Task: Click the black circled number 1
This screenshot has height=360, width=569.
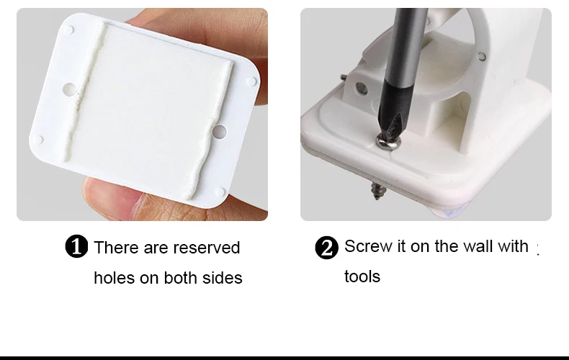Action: (x=76, y=246)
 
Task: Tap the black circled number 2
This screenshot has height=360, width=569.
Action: (x=326, y=248)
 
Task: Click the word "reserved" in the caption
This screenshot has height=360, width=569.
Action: (x=207, y=248)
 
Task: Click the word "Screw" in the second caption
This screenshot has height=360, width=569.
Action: (x=368, y=246)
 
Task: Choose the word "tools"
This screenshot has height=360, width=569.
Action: (x=362, y=276)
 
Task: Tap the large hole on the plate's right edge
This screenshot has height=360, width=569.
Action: (x=219, y=131)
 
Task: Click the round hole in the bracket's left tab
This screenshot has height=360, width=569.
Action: (x=362, y=87)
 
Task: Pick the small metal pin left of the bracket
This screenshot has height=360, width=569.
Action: (x=344, y=77)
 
